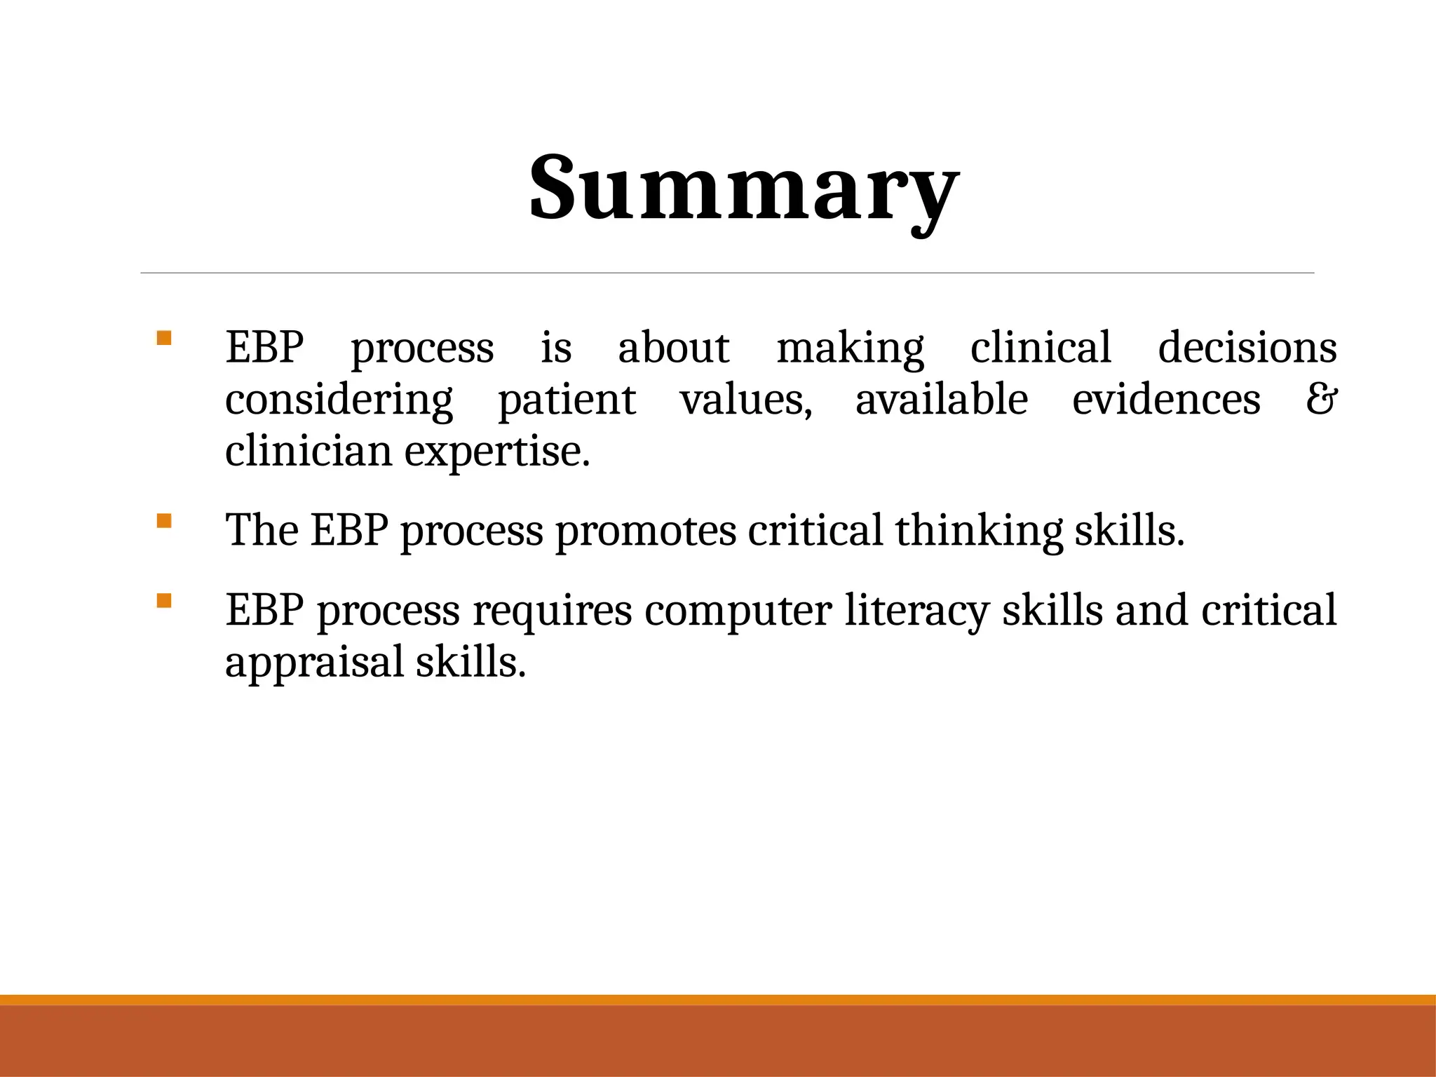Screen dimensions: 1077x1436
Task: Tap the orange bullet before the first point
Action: pos(164,339)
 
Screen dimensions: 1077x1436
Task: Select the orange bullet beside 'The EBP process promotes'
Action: pos(164,521)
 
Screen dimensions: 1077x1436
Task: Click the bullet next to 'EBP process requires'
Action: pos(164,601)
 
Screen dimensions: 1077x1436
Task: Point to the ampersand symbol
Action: pos(1321,400)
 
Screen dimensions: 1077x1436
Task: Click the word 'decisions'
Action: pos(1247,348)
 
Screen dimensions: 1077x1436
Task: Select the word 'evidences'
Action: pos(1166,400)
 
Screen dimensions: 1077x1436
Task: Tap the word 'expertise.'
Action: pos(497,452)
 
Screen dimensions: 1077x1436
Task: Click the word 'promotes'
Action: pos(646,531)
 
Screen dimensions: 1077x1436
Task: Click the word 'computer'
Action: pos(738,611)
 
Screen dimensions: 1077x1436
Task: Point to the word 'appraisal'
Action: pos(314,663)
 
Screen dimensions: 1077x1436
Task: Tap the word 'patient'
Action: pos(567,400)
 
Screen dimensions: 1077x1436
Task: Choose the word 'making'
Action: pos(850,348)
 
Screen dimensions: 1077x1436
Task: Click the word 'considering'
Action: pos(339,400)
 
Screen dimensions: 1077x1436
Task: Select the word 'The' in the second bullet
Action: pos(262,531)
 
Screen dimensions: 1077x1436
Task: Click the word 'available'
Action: pos(941,400)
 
